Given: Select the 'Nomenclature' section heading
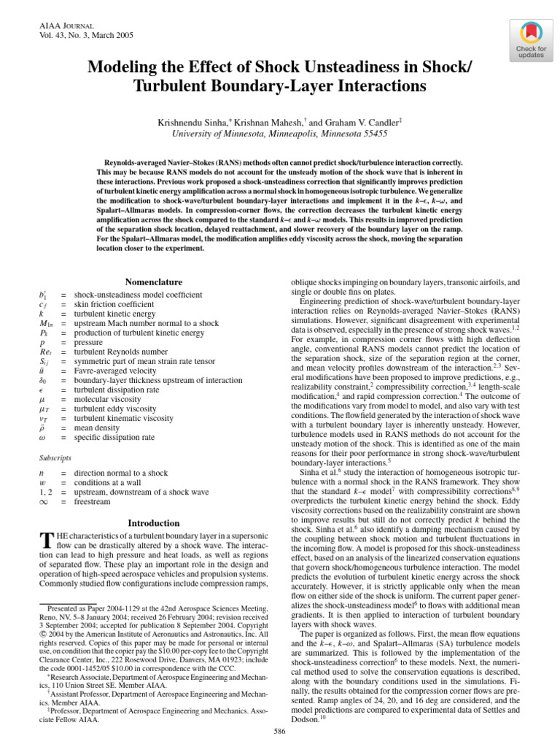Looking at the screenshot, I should [153, 282].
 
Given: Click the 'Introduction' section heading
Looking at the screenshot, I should [153, 523].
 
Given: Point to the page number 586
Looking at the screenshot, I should [279, 731].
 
